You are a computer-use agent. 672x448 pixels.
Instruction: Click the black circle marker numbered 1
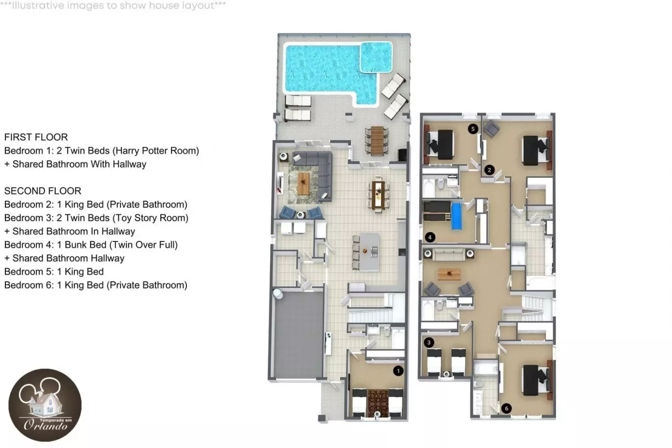pyautogui.click(x=398, y=371)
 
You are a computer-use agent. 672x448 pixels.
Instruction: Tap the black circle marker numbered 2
pyautogui.click(x=489, y=170)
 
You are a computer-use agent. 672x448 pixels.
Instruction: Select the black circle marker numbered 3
pyautogui.click(x=428, y=342)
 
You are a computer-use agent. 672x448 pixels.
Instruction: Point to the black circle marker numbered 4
pyautogui.click(x=430, y=238)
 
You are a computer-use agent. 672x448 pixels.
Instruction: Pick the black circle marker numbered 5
pyautogui.click(x=473, y=129)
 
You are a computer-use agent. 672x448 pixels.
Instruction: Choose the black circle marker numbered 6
pyautogui.click(x=506, y=408)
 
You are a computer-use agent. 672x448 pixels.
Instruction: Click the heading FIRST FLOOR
pyautogui.click(x=36, y=137)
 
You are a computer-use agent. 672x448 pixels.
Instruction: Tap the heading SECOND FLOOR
pyautogui.click(x=43, y=191)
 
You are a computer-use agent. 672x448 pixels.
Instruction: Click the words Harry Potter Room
pyautogui.click(x=155, y=150)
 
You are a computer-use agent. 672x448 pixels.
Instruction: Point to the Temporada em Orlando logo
pyautogui.click(x=45, y=405)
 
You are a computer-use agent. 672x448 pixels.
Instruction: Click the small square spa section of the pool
pyautogui.click(x=376, y=57)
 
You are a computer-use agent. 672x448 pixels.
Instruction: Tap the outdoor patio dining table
pyautogui.click(x=377, y=140)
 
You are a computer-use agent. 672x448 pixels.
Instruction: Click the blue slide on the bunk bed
pyautogui.click(x=457, y=216)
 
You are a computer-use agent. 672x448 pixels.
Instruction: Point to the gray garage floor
pyautogui.click(x=299, y=335)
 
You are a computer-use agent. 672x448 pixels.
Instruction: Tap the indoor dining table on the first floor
pyautogui.click(x=378, y=195)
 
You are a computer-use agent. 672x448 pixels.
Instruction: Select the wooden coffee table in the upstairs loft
pyautogui.click(x=449, y=274)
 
